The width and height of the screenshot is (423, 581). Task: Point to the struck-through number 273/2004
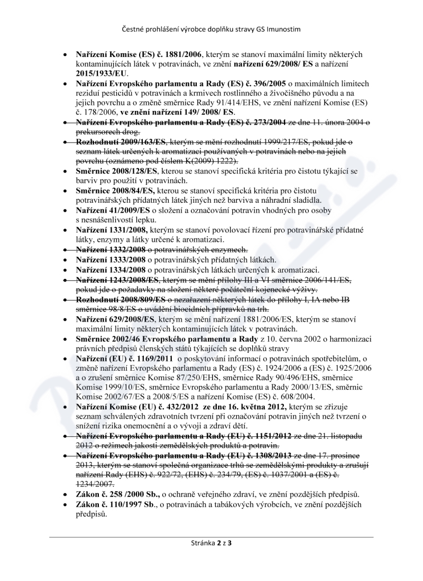click(x=267, y=123)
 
